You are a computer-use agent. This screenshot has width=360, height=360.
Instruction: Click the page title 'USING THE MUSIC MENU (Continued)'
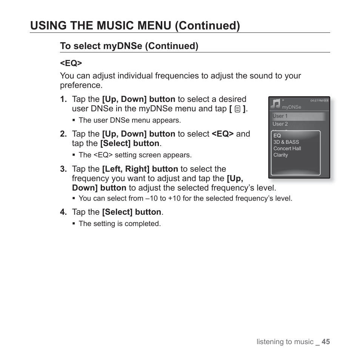135,25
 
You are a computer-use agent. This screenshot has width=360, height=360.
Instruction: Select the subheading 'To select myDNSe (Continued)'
129,46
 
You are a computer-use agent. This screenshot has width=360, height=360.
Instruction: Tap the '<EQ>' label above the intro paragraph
71,63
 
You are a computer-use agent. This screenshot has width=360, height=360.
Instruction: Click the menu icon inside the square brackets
237,109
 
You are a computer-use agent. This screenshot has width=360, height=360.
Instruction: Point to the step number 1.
63,99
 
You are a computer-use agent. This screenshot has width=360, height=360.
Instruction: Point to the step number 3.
63,169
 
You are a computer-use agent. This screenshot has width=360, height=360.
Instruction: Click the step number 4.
63,212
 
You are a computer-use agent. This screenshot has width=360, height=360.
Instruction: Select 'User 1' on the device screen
280,116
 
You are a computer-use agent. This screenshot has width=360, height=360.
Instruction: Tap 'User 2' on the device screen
280,124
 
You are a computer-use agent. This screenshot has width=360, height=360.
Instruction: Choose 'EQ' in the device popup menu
277,135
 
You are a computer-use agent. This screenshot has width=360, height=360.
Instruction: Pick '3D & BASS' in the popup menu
286,142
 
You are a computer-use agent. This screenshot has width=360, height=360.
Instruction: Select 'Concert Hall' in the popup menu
287,148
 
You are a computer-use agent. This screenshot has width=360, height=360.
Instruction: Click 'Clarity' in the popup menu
281,155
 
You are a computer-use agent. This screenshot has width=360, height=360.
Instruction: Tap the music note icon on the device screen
276,103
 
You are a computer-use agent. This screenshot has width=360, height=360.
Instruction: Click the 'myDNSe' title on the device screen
292,107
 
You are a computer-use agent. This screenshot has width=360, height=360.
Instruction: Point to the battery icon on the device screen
326,101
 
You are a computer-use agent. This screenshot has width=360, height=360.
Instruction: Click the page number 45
326,342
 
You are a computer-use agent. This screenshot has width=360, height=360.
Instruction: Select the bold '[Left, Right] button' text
140,169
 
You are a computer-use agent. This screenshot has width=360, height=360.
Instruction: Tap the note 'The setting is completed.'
120,223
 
